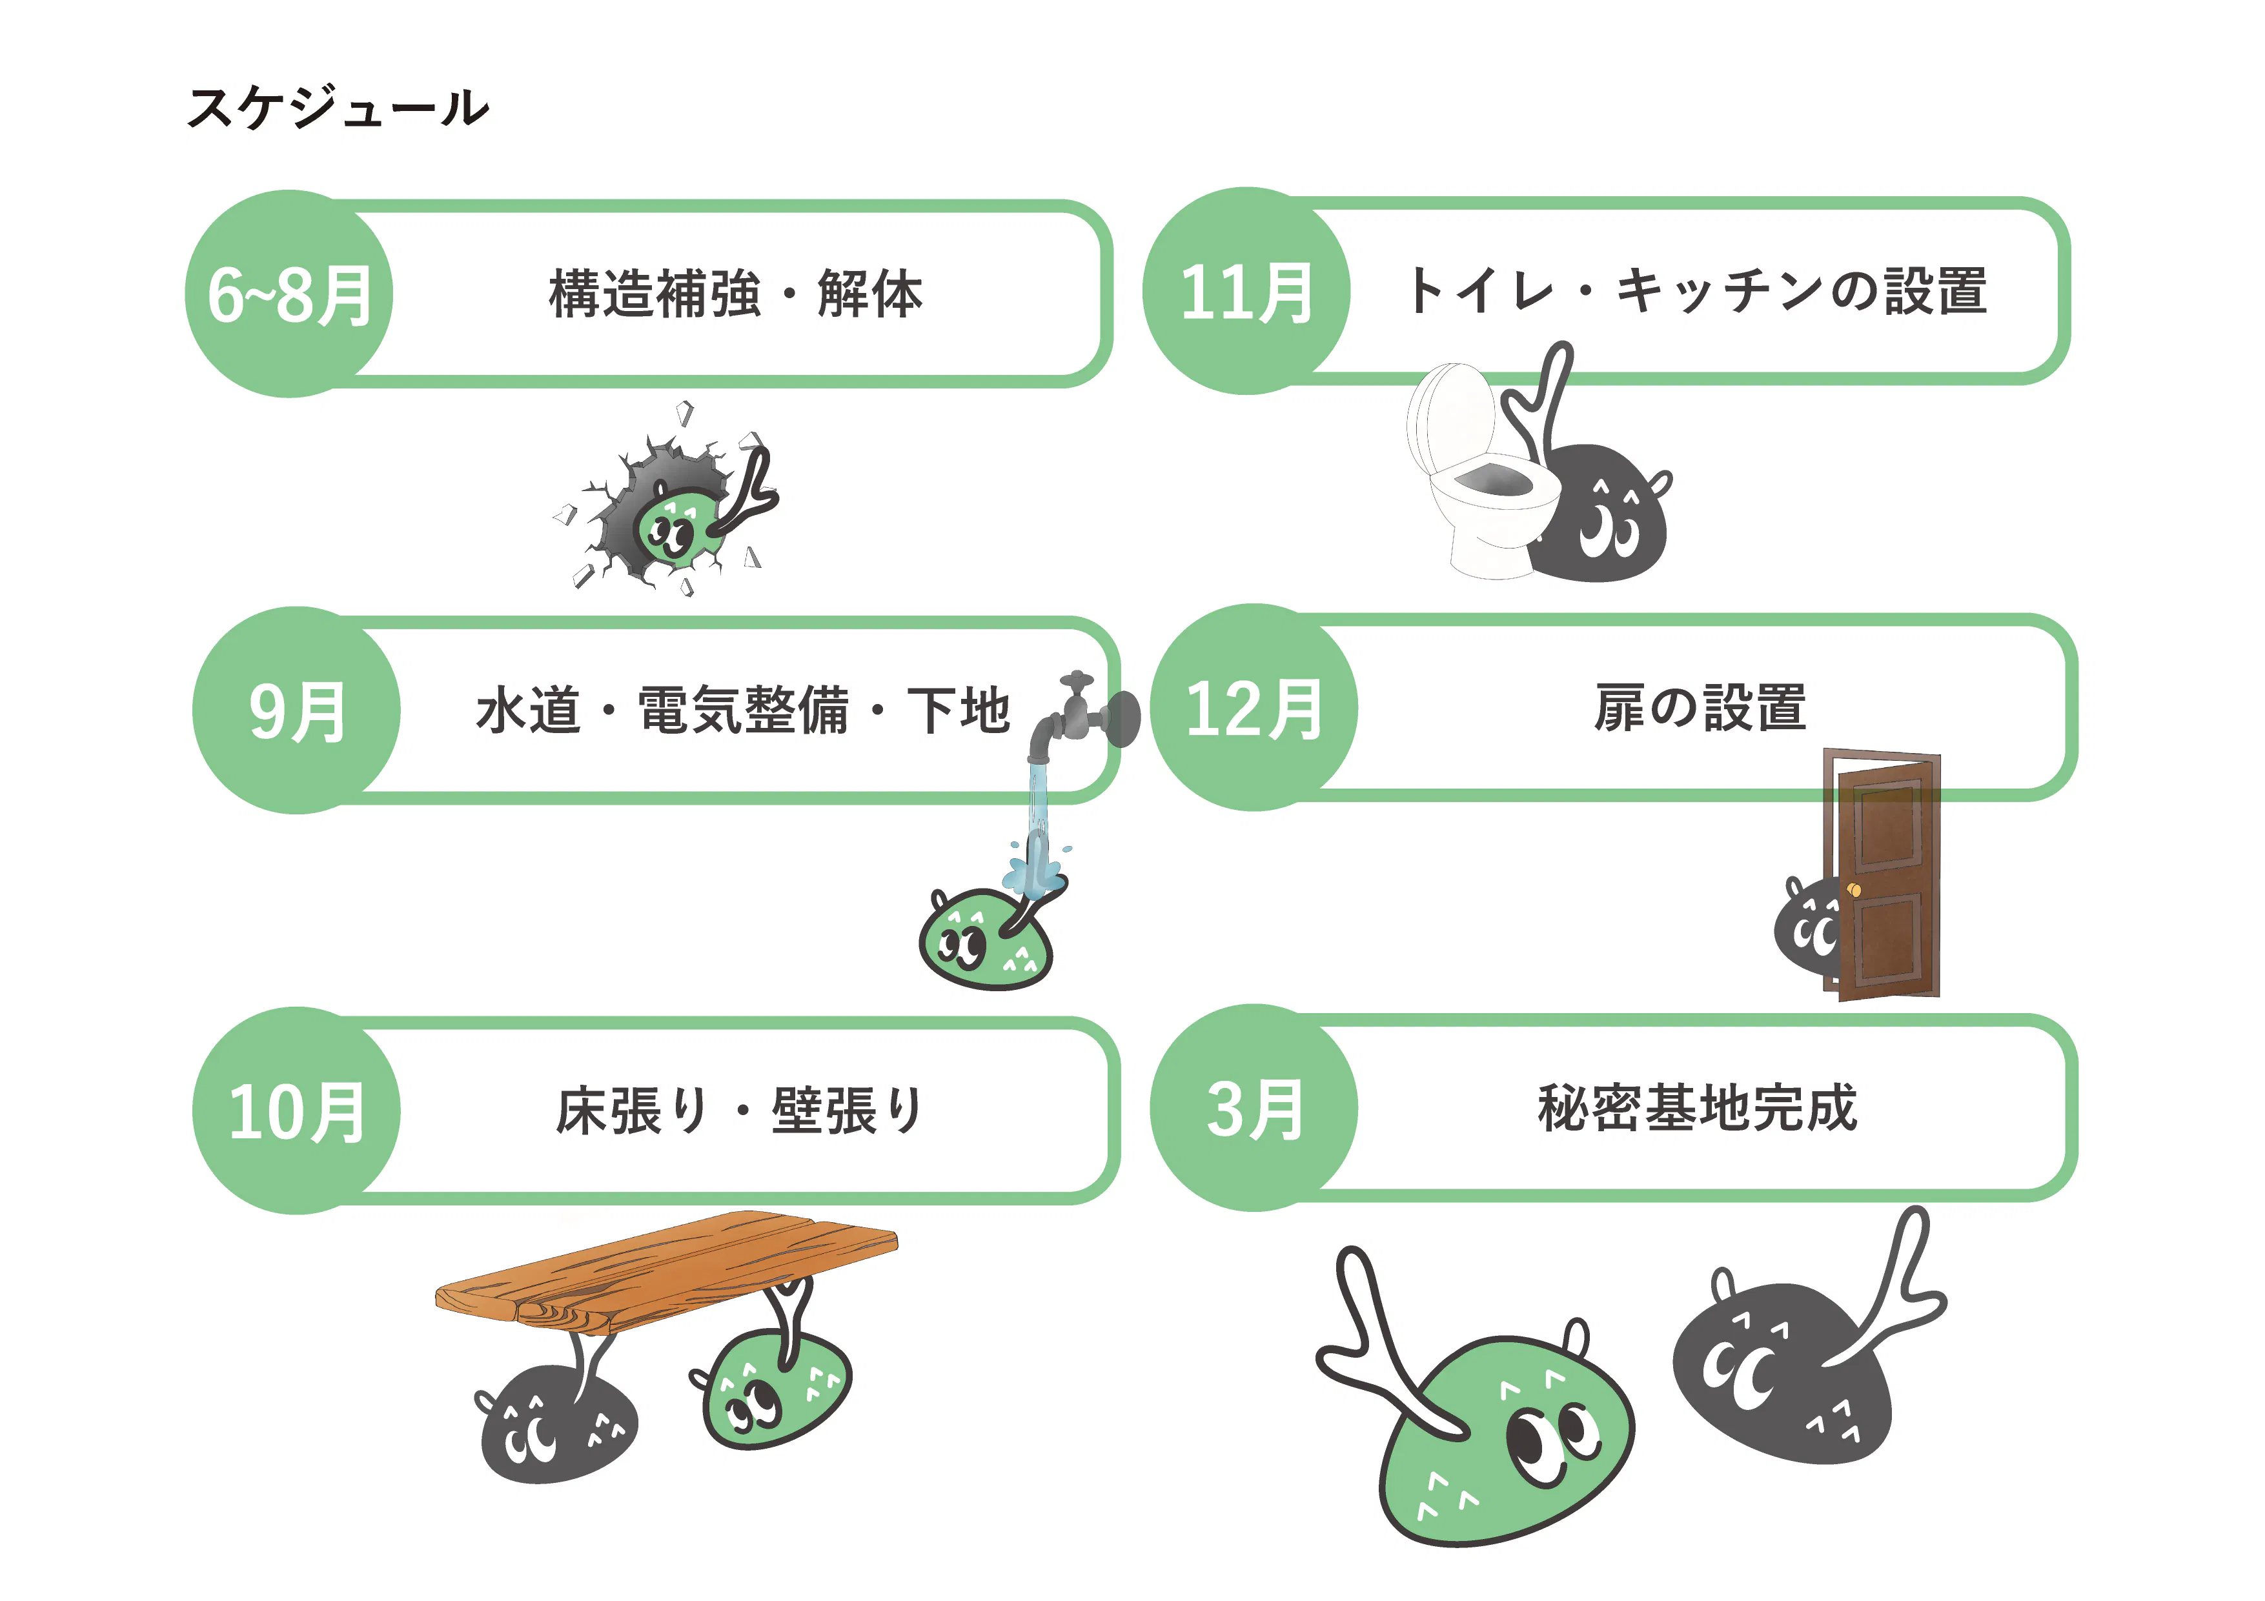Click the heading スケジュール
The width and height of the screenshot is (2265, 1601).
(338, 106)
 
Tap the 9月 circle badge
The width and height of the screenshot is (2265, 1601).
(296, 710)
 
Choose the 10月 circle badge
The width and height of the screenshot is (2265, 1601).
(296, 1111)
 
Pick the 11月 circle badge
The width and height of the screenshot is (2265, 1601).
(1246, 291)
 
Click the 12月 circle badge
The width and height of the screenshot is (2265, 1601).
(1254, 707)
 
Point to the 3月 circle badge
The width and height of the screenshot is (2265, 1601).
(1254, 1108)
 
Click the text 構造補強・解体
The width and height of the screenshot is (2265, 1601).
(735, 294)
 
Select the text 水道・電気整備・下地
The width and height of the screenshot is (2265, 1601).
(742, 710)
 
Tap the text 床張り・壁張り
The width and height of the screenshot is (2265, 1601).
(740, 1111)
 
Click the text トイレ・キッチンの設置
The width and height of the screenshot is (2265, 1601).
(1697, 291)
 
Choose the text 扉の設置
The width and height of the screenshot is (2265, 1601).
(1699, 707)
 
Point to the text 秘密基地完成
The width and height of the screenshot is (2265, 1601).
(1697, 1108)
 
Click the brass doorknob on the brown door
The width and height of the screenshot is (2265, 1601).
(1854, 891)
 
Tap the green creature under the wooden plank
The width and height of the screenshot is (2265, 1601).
(775, 1391)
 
